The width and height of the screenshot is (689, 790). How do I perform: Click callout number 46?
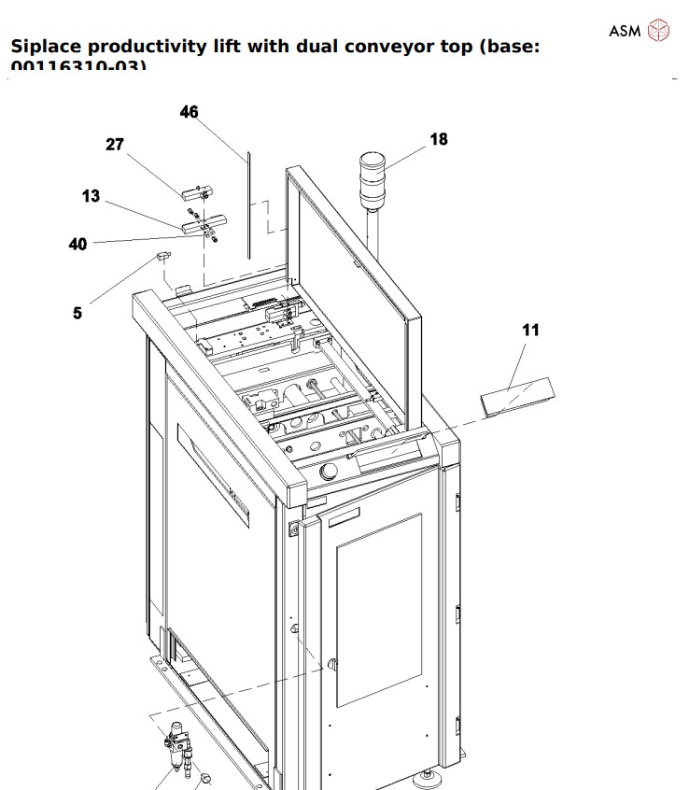point(190,112)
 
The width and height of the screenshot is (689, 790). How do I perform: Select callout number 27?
point(115,145)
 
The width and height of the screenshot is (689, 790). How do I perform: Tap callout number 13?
point(91,196)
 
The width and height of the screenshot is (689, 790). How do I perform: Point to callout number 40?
point(77,244)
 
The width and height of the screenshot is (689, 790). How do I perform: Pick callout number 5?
point(77,313)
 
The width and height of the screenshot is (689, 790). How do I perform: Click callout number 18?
point(439,139)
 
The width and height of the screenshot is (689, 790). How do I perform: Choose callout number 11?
point(530,330)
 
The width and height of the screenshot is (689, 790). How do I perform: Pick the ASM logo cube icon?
point(659,30)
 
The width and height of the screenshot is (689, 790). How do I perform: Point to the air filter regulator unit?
point(175,748)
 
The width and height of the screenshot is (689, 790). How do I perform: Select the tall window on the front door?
point(378,607)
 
